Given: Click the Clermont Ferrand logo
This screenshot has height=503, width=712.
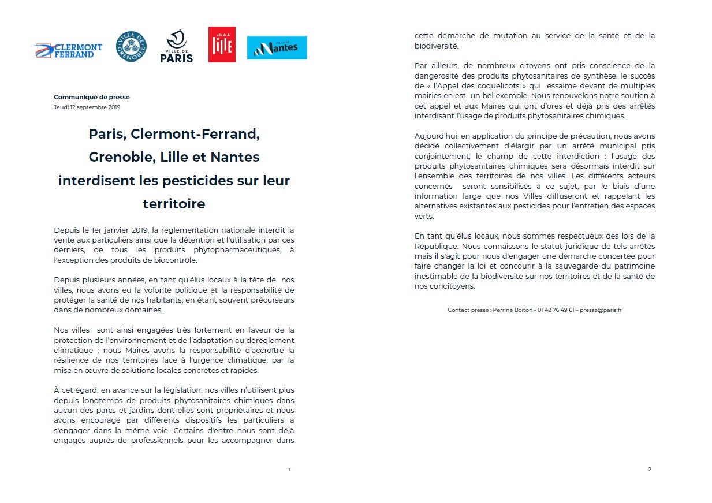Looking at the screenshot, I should click(67, 50).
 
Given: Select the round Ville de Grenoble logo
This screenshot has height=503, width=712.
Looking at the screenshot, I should click(131, 46).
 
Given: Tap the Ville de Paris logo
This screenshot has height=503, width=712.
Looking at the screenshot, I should click(176, 47).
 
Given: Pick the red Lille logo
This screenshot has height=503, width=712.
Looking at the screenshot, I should click(222, 44).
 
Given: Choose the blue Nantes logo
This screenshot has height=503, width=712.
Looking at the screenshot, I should click(277, 47).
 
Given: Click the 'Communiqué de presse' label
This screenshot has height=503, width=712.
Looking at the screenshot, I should click(92, 97).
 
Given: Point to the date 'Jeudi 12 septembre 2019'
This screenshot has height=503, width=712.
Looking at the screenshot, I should click(87, 107).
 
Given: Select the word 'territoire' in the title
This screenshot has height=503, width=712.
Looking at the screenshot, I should click(174, 204).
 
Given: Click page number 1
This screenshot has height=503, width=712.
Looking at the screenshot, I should click(289, 470).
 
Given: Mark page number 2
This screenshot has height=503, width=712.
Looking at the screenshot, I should click(650, 469).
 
